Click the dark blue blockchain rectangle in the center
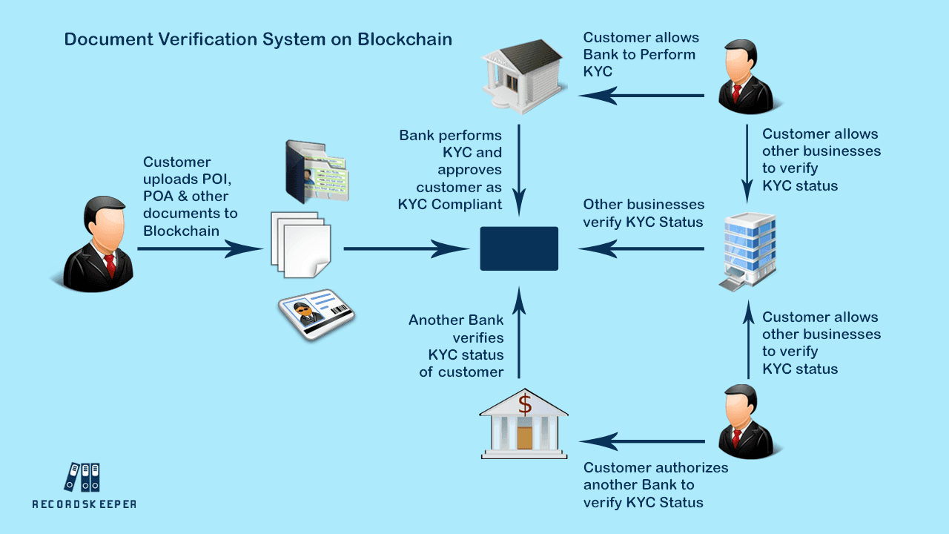click(x=519, y=248)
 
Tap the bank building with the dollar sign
click(x=524, y=426)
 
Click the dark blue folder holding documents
click(x=315, y=172)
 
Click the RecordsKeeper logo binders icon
click(x=82, y=477)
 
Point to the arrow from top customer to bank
click(x=641, y=95)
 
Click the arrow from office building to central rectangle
click(x=641, y=249)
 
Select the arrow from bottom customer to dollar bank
click(x=642, y=442)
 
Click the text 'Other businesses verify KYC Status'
click(x=643, y=213)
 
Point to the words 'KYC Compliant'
click(x=449, y=205)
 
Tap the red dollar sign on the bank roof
click(x=525, y=405)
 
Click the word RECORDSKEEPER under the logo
click(x=84, y=504)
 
